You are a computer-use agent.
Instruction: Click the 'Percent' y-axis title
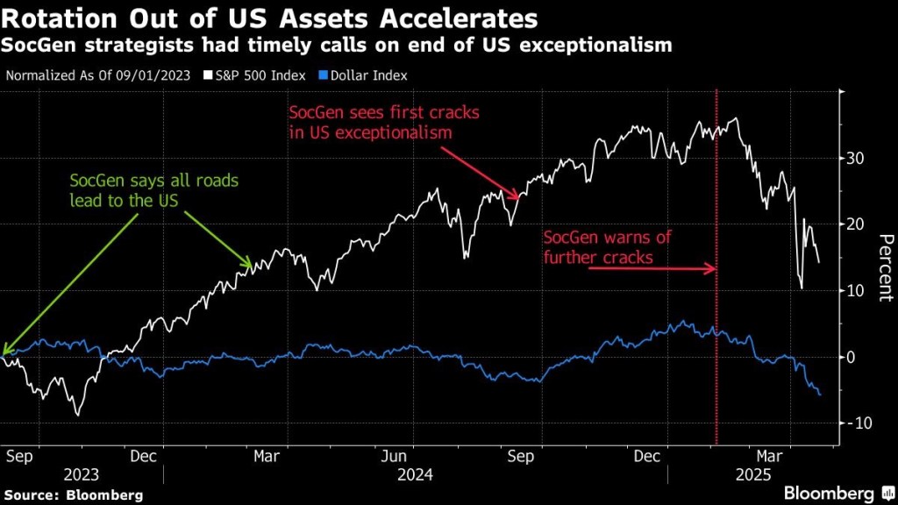coord(885,267)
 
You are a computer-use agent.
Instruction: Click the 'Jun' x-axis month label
coord(396,456)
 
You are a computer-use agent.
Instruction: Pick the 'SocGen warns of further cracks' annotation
coord(599,248)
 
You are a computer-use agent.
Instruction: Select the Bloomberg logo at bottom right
coord(829,494)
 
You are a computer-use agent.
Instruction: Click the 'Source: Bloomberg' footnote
coord(74,495)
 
